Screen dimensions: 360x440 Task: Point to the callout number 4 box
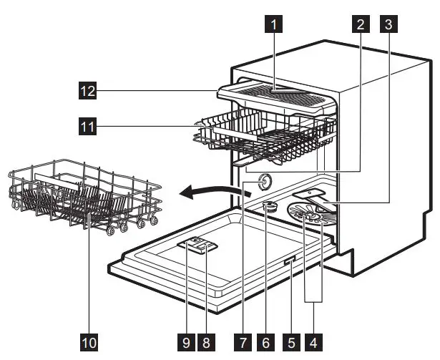click(x=313, y=343)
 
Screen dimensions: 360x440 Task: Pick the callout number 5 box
click(x=290, y=343)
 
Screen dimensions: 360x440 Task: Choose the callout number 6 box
click(x=265, y=343)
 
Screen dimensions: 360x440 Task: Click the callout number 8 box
click(x=208, y=343)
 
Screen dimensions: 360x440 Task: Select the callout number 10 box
click(x=89, y=343)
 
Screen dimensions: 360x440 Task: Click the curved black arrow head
click(x=185, y=192)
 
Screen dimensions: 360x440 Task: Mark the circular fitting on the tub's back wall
click(x=265, y=183)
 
